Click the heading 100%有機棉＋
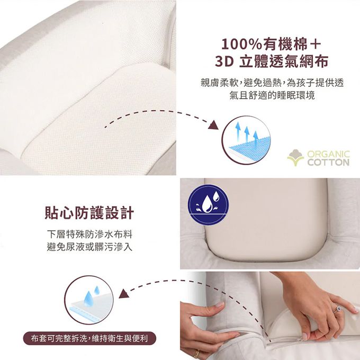tap(271, 44)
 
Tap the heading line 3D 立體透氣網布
tap(272, 62)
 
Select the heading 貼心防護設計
tap(89, 213)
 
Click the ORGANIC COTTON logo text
tap(329, 158)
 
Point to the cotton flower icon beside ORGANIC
tap(296, 158)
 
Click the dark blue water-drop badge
tap(208, 205)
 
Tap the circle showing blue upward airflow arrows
tap(246, 140)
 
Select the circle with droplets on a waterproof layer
tap(89, 300)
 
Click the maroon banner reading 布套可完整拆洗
tap(89, 338)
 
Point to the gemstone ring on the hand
tap(338, 308)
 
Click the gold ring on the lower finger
tap(196, 354)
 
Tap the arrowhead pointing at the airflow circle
tap(213, 125)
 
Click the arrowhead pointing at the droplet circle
tap(123, 294)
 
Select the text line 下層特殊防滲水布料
tap(89, 235)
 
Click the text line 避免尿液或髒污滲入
tap(89, 247)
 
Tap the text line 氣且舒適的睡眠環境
tap(272, 95)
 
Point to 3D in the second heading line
tap(224, 62)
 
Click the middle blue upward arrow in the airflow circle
tap(247, 133)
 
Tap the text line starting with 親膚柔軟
tap(272, 83)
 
